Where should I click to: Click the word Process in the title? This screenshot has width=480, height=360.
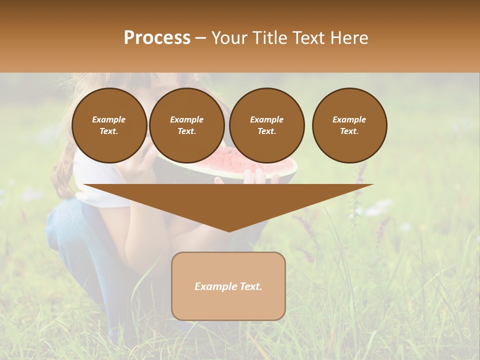[x=157, y=37]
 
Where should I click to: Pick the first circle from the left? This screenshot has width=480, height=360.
[x=109, y=125]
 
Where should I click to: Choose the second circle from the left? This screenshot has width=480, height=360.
[x=186, y=125]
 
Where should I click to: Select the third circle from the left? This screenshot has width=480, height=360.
[x=266, y=125]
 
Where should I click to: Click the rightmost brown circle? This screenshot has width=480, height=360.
[x=349, y=125]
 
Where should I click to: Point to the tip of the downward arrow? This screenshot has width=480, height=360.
[x=228, y=230]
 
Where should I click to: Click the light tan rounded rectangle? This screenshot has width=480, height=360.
[x=228, y=305]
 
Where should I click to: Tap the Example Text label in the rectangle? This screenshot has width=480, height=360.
[x=228, y=286]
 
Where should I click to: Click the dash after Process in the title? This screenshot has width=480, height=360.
[x=200, y=37]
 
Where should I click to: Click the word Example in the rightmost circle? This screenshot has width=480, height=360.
[x=349, y=119]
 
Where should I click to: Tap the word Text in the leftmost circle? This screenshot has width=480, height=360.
[x=109, y=131]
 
